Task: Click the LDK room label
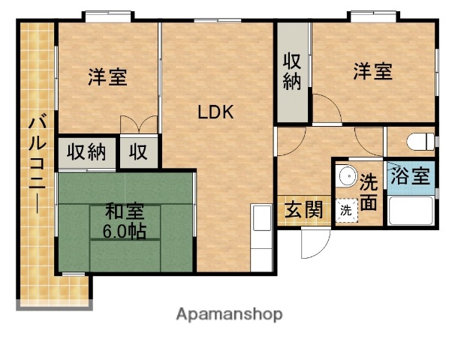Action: (216, 113)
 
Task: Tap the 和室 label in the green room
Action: (124, 213)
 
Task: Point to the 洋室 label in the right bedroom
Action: (373, 72)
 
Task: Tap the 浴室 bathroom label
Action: (411, 178)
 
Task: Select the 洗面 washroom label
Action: (369, 191)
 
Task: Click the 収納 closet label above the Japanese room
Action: (86, 151)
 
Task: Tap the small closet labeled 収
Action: (138, 151)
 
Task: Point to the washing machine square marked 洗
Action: (345, 211)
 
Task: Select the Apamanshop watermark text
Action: (229, 314)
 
